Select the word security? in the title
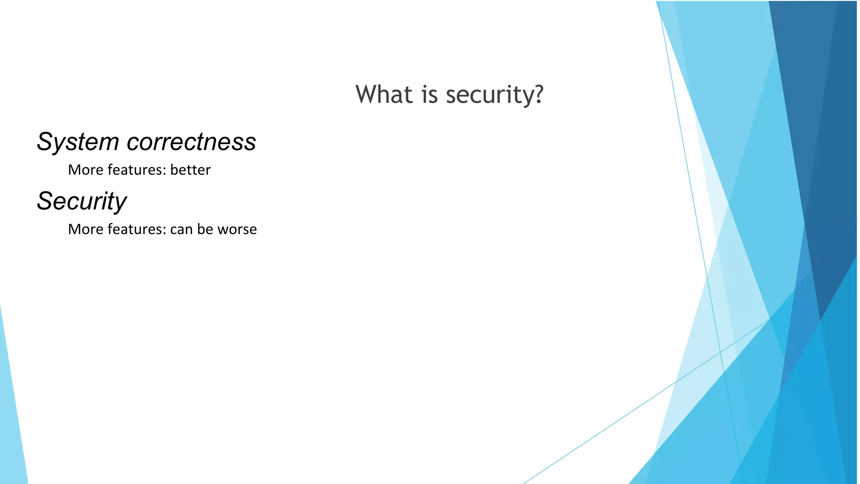[x=495, y=95]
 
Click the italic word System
[x=78, y=142]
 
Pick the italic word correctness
[x=191, y=142]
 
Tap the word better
[x=190, y=170]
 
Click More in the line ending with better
[x=86, y=170]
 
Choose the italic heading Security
[x=82, y=201]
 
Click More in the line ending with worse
[x=86, y=229]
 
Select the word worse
[x=237, y=230]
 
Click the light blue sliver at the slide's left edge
[x=10, y=420]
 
